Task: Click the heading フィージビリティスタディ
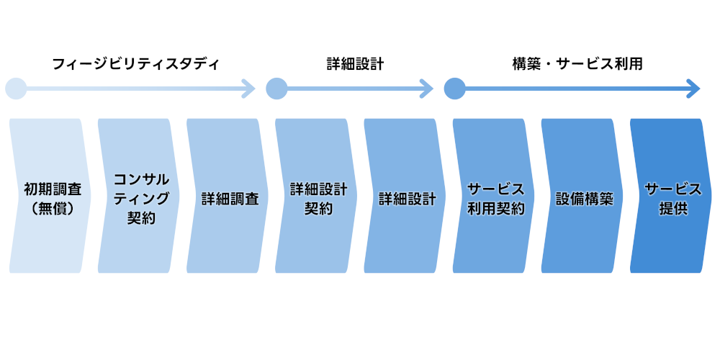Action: click(x=135, y=63)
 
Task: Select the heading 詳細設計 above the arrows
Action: click(x=355, y=63)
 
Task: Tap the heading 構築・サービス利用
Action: click(x=577, y=63)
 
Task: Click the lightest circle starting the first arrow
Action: click(x=16, y=89)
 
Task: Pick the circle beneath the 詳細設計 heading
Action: click(x=276, y=89)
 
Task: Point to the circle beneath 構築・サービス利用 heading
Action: click(x=454, y=89)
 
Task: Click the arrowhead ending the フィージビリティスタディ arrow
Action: click(x=249, y=89)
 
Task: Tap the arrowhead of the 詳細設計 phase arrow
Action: click(x=427, y=89)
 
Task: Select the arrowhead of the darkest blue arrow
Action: click(x=693, y=89)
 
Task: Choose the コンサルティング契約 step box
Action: click(x=137, y=196)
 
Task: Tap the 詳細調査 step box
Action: click(x=227, y=196)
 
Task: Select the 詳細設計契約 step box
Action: click(x=315, y=196)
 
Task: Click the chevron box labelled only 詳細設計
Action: click(x=404, y=196)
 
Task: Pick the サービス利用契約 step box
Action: click(x=493, y=196)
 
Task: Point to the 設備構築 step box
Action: click(x=582, y=196)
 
